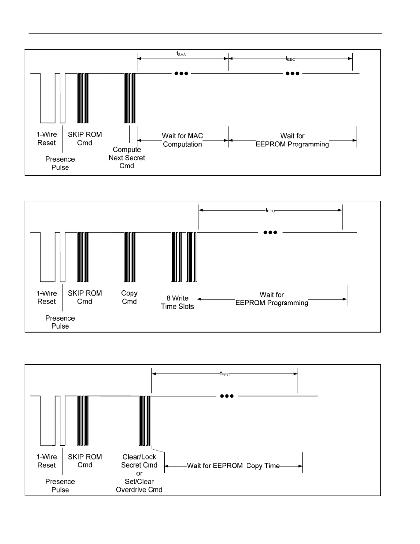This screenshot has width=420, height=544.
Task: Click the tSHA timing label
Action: tap(181, 54)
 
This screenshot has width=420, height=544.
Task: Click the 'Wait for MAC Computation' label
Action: tap(182, 140)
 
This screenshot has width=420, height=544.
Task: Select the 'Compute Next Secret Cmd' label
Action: tap(127, 158)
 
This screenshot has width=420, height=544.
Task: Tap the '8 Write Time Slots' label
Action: tap(177, 302)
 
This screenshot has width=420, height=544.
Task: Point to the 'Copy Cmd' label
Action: tap(129, 297)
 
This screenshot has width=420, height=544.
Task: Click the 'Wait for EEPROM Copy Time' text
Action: tap(233, 466)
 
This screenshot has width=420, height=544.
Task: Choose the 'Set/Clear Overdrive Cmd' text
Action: tap(139, 486)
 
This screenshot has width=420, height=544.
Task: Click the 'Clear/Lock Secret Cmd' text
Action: tap(139, 461)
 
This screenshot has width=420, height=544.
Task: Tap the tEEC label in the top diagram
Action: tap(291, 59)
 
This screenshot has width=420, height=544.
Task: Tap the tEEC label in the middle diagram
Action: tap(270, 211)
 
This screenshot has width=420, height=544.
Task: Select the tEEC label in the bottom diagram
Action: tap(225, 374)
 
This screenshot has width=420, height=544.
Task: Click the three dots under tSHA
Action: tap(181, 74)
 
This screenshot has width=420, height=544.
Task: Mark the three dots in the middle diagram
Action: tap(270, 232)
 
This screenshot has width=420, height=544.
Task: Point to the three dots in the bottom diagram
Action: tap(227, 396)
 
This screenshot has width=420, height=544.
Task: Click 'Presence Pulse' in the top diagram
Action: tap(60, 163)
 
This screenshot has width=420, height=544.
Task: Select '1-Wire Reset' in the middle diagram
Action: tap(47, 297)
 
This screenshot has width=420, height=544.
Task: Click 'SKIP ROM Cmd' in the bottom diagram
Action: tap(85, 461)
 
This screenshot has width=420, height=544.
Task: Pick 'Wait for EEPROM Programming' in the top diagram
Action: tap(292, 140)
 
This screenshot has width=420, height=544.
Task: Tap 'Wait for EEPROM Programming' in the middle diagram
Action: tap(272, 299)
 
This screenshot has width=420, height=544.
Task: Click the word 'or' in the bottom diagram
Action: tap(139, 474)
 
